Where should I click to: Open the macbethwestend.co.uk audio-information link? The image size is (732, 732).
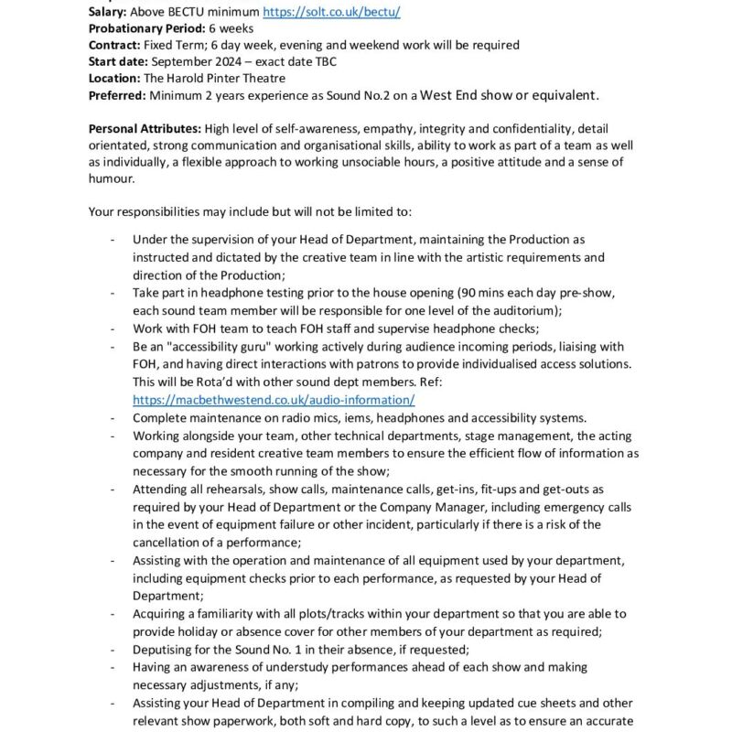[x=274, y=400]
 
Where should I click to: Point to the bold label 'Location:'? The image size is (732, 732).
[x=114, y=78]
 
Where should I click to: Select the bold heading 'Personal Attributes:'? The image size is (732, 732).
[x=145, y=129]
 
